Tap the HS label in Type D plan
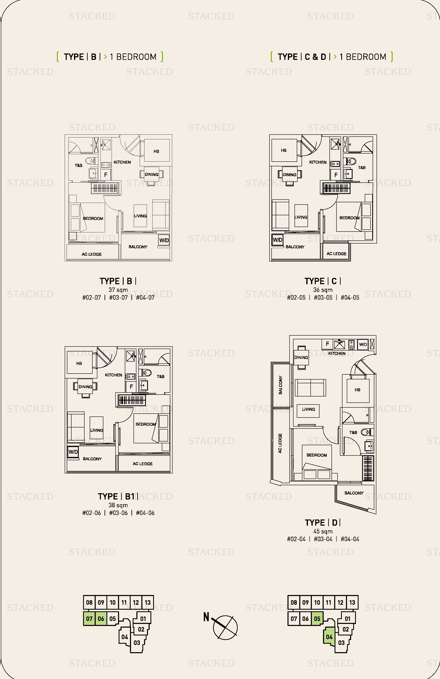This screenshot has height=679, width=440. point(357,390)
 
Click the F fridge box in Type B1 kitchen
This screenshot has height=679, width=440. point(131,387)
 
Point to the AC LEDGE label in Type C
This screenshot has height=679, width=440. point(336,254)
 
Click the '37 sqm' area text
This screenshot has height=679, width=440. point(118,290)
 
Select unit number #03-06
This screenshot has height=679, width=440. point(118,513)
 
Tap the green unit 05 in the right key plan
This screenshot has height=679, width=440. point(317,619)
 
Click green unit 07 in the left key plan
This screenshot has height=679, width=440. point(89,619)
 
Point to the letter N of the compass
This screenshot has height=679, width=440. point(206,617)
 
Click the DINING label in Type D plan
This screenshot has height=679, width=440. point(301,357)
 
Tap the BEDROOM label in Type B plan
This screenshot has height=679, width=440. point(93,219)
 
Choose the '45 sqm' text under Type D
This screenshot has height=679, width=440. point(323,531)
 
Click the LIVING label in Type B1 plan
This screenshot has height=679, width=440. point(97,430)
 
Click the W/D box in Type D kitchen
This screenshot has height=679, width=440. point(363,344)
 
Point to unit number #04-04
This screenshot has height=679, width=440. point(350,539)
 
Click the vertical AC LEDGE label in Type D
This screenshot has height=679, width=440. point(280,443)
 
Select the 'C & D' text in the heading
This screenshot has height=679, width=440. point(315,57)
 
